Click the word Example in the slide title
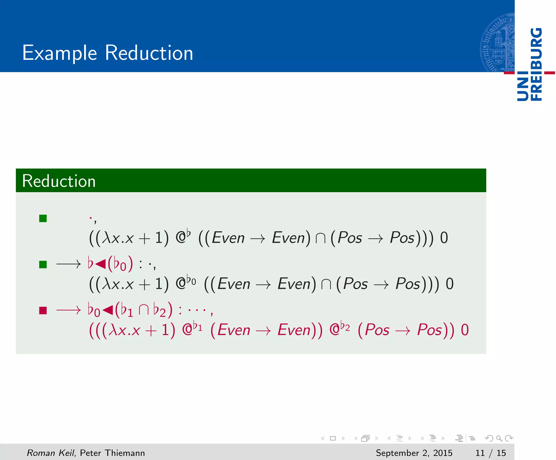59,53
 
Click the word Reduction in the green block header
59,181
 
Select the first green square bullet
43,218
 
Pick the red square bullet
43,310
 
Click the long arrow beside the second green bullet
68,264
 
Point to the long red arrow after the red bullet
68,310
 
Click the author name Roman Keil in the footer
50,453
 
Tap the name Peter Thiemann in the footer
112,453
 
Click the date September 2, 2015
414,453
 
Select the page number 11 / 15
490,453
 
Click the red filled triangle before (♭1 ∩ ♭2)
108,310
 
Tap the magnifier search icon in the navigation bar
499,438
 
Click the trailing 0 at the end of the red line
465,330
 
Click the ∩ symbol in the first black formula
320,238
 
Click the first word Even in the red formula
234,330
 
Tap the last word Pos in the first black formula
402,238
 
